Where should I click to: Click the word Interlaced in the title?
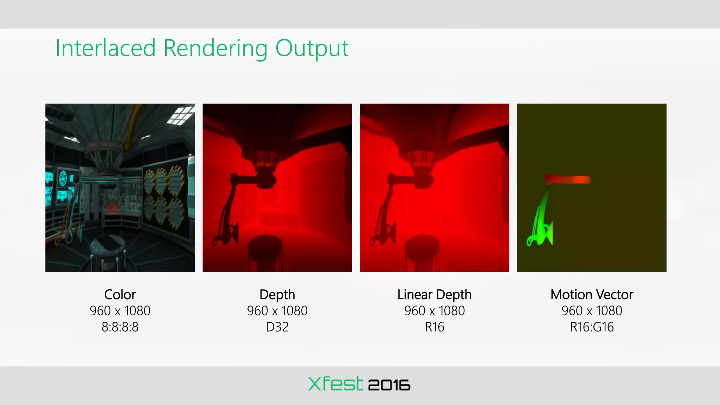pyautogui.click(x=105, y=48)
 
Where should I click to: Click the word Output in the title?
pyautogui.click(x=311, y=48)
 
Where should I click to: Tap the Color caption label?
pyautogui.click(x=120, y=295)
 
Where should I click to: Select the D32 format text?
pyautogui.click(x=277, y=327)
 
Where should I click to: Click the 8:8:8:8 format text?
pyautogui.click(x=120, y=327)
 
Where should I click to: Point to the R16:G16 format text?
pyautogui.click(x=592, y=327)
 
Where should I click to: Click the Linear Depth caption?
pyautogui.click(x=434, y=295)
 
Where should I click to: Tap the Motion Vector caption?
pyautogui.click(x=592, y=295)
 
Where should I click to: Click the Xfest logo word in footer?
pyautogui.click(x=335, y=384)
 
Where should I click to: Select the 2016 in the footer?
pyautogui.click(x=389, y=385)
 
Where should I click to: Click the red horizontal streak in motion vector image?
pyautogui.click(x=570, y=180)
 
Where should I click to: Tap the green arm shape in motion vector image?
pyautogui.click(x=540, y=225)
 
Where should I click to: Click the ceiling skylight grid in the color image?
pyautogui.click(x=180, y=115)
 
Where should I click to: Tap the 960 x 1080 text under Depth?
pyautogui.click(x=277, y=311)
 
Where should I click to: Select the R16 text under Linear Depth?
pyautogui.click(x=434, y=327)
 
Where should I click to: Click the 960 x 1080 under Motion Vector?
pyautogui.click(x=592, y=311)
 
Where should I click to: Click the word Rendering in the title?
pyautogui.click(x=215, y=48)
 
